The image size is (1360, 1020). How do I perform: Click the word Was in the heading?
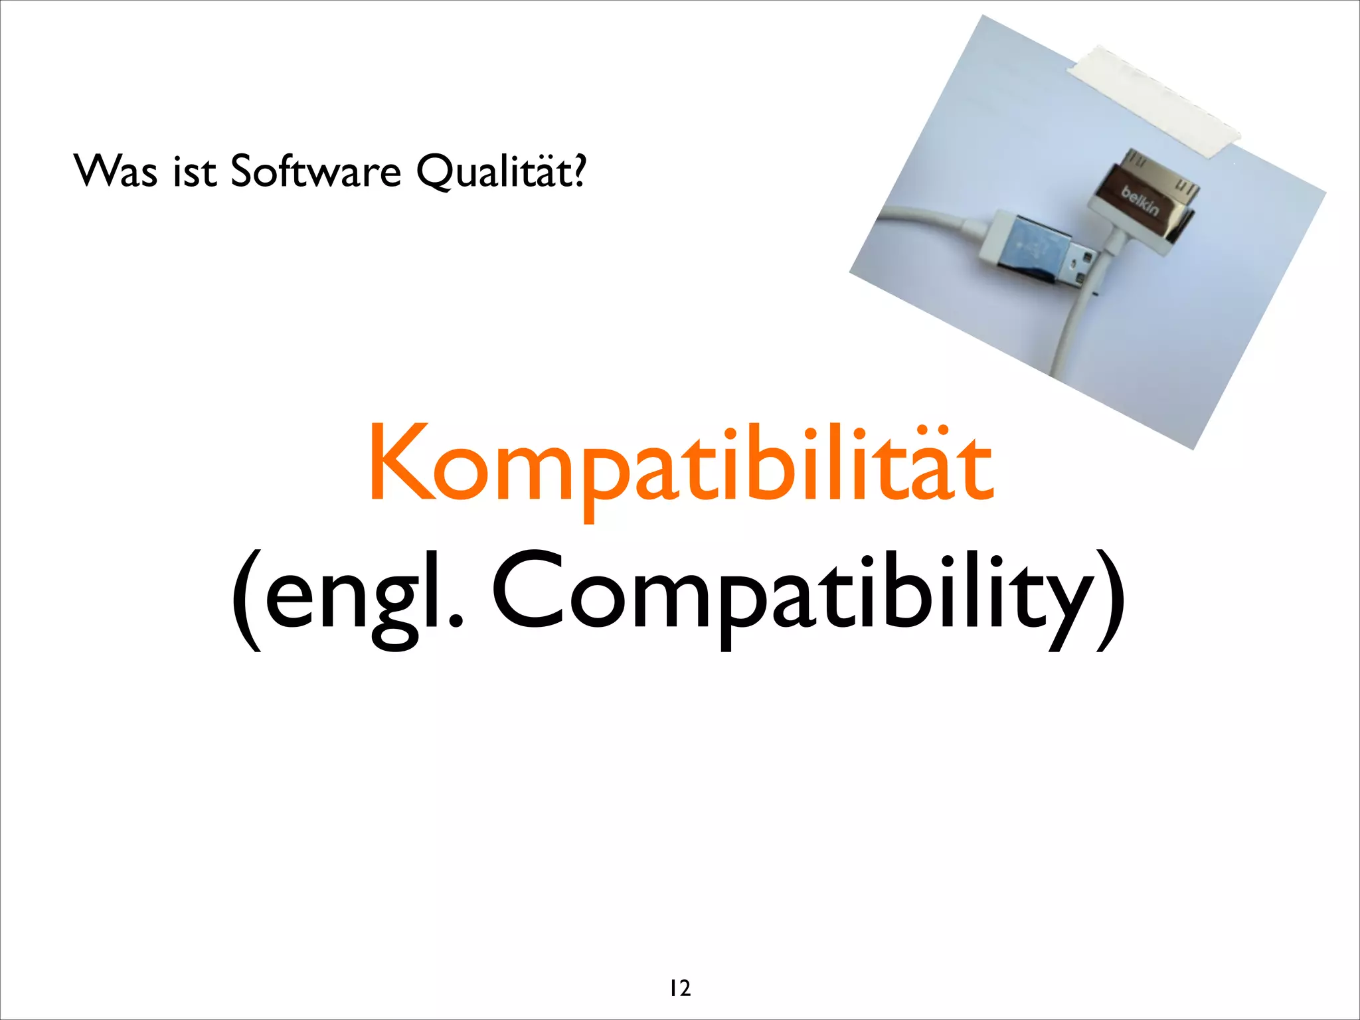[x=116, y=171]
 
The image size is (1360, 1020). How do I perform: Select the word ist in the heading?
[x=195, y=171]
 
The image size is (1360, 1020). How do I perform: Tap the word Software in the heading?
[x=315, y=171]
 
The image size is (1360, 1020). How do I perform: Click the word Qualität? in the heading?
[x=501, y=171]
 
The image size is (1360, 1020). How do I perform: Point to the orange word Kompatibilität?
[x=681, y=465]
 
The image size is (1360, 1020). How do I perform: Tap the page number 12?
[x=680, y=987]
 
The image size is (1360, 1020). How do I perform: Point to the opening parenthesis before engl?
[x=246, y=598]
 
